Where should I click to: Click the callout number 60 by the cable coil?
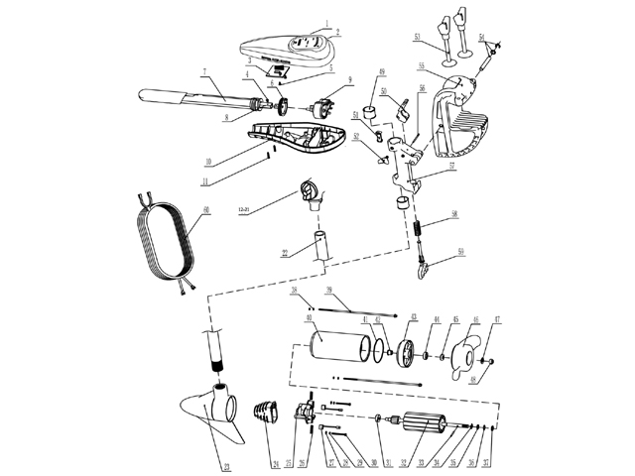[205, 210]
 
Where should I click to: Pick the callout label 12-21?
[245, 210]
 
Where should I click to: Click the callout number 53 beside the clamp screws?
[417, 37]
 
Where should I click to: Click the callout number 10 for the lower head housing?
[209, 159]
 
